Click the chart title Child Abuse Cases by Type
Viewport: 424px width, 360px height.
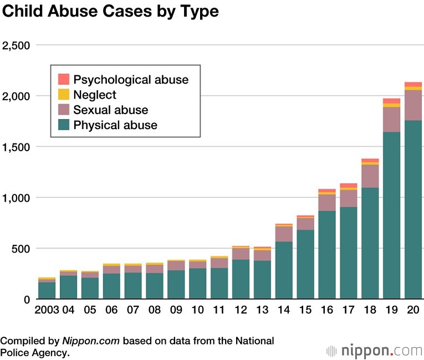(x=111, y=12)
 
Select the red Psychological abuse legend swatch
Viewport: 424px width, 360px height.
(x=64, y=79)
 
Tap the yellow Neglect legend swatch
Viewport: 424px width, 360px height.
(x=64, y=95)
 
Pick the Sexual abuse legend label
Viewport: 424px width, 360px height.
(x=110, y=110)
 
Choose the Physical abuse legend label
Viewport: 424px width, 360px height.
(x=115, y=125)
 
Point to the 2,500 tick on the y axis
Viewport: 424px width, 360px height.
(x=16, y=45)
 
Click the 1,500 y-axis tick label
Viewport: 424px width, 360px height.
(x=17, y=147)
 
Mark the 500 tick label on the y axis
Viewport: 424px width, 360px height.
(x=22, y=248)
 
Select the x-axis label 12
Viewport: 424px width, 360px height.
(x=241, y=309)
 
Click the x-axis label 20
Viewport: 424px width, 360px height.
(x=413, y=309)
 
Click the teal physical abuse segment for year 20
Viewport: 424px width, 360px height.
(x=413, y=210)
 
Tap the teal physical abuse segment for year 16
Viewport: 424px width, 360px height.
(x=327, y=255)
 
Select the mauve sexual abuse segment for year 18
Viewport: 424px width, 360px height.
(x=370, y=176)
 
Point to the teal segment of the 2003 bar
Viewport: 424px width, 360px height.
(x=47, y=291)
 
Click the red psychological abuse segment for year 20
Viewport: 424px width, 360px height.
(x=413, y=84)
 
